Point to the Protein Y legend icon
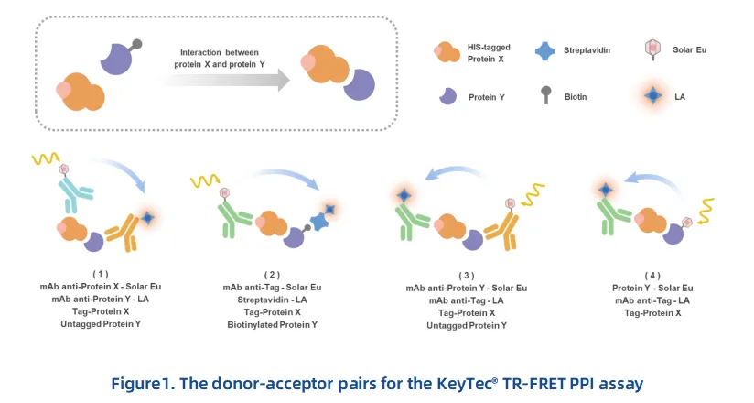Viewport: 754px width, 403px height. click(x=447, y=94)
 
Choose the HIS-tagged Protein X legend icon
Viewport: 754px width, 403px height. click(x=447, y=51)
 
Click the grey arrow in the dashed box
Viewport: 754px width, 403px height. click(x=224, y=80)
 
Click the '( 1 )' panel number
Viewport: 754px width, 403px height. click(x=100, y=274)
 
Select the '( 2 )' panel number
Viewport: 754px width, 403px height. click(x=272, y=274)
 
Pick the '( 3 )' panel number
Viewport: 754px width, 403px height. click(x=466, y=275)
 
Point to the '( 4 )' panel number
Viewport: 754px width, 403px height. click(x=652, y=275)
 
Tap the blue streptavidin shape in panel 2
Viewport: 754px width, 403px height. click(x=321, y=222)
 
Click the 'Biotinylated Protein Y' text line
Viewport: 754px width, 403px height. click(x=272, y=325)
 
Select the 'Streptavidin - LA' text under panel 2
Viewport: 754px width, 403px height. click(x=272, y=300)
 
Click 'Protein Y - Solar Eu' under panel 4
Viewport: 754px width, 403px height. click(x=652, y=288)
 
